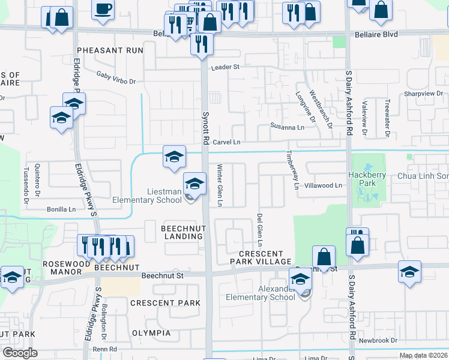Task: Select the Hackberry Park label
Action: click(366, 179)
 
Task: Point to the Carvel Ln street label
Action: click(227, 142)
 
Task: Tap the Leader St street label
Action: click(224, 67)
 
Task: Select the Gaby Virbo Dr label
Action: click(116, 77)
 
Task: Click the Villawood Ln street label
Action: click(323, 186)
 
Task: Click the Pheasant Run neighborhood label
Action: click(109, 50)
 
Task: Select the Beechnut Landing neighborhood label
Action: click(182, 232)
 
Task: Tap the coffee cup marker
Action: click(103, 9)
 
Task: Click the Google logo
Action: click(20, 353)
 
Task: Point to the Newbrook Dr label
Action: click(378, 340)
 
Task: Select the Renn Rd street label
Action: click(104, 349)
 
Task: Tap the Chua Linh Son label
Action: click(423, 176)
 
